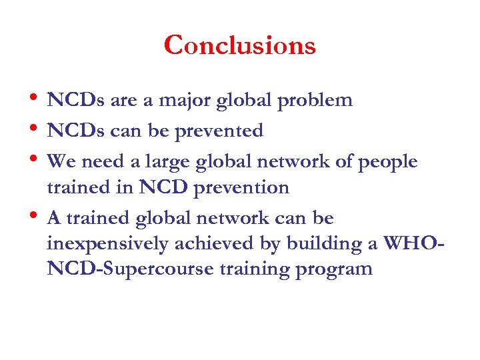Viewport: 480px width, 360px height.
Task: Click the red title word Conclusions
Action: pyautogui.click(x=239, y=45)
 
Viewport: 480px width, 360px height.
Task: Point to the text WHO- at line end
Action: pyautogui.click(x=411, y=244)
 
